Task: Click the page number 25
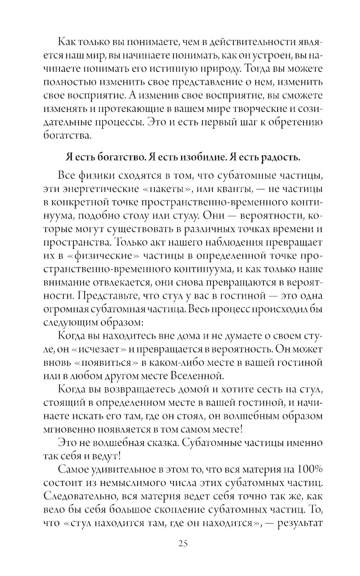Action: pos(183,553)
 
